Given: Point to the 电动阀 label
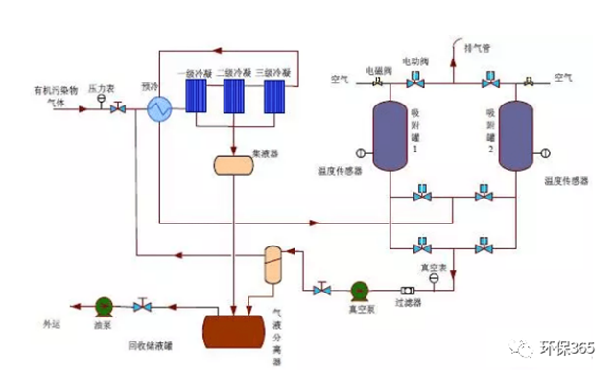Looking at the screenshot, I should tap(415, 61).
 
